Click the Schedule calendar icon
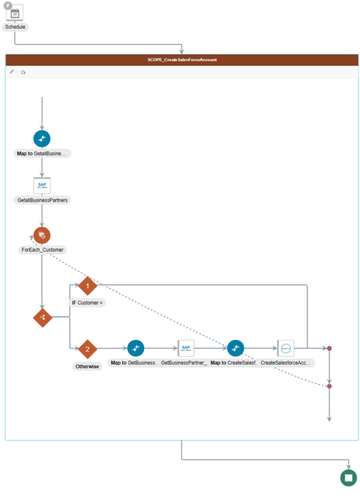pos(15,12)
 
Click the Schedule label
pos(15,27)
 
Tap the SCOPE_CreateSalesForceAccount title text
pos(182,60)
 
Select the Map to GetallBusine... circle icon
pos(42,139)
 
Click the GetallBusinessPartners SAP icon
pos(42,186)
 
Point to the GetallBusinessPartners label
pos(43,200)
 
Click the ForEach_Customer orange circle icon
pos(42,235)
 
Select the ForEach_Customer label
pos(43,250)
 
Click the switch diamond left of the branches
pos(43,317)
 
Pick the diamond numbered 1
pos(87,286)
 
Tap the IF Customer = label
pos(87,303)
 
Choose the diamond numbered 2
pos(87,349)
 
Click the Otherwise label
pos(87,366)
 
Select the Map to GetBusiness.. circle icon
pos(136,349)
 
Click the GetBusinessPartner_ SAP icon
pos(185,349)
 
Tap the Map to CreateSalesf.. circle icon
pos(236,349)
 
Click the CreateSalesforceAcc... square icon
pos(286,349)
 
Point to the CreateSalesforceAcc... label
pos(286,363)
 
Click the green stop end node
pos(348,477)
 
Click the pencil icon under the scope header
pos(12,72)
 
